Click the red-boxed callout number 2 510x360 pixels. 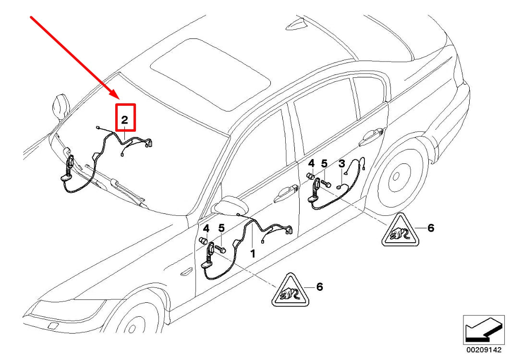[125, 120]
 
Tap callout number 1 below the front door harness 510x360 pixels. [253, 254]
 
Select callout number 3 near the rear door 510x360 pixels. [341, 163]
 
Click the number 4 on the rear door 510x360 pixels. [312, 163]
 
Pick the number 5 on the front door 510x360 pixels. [221, 228]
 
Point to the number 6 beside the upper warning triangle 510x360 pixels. [431, 228]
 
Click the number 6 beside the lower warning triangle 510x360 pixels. [320, 287]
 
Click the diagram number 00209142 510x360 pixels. [484, 350]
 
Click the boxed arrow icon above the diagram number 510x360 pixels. [484, 329]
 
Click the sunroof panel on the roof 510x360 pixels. [210, 74]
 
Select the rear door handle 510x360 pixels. [373, 137]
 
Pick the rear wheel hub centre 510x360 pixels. [396, 177]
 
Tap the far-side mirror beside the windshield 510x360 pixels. [60, 106]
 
